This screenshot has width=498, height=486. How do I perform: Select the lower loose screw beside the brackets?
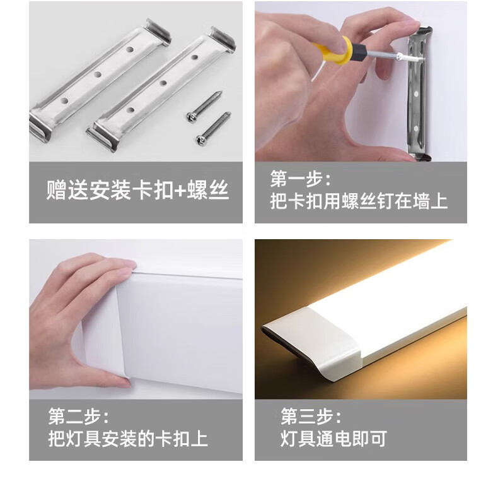tap(213, 128)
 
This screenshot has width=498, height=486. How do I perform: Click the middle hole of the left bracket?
tap(98, 74)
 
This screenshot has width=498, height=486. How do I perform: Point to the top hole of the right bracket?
tap(195, 57)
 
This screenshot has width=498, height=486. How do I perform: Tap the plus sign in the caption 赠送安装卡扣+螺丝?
tap(180, 191)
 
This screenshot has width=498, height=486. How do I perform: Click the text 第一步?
tap(300, 179)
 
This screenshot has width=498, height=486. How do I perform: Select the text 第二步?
tap(78, 416)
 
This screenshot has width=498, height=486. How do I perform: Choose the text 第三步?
tap(311, 416)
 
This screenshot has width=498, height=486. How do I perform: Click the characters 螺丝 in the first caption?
tap(208, 190)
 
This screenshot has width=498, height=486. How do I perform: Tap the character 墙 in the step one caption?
tap(421, 201)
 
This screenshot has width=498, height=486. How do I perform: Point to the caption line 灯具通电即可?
tap(333, 439)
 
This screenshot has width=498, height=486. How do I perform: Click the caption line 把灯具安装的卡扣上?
tap(128, 439)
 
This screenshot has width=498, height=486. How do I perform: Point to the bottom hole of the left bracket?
tap(64, 101)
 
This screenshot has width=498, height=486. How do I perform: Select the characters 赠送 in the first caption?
tap(67, 190)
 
